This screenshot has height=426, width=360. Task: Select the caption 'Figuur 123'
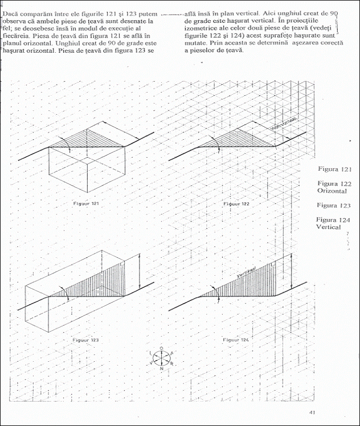pos(86,340)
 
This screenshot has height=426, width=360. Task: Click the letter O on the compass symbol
pos(161,347)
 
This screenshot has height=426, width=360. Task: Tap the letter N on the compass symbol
pos(161,368)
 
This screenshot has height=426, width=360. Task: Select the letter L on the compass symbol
pos(150,353)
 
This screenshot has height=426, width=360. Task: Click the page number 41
pos(312,412)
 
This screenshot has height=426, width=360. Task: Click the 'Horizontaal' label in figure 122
pos(283,123)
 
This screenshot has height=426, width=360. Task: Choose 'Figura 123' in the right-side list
pos(333,206)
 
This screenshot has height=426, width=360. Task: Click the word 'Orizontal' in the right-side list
pos(331,191)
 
